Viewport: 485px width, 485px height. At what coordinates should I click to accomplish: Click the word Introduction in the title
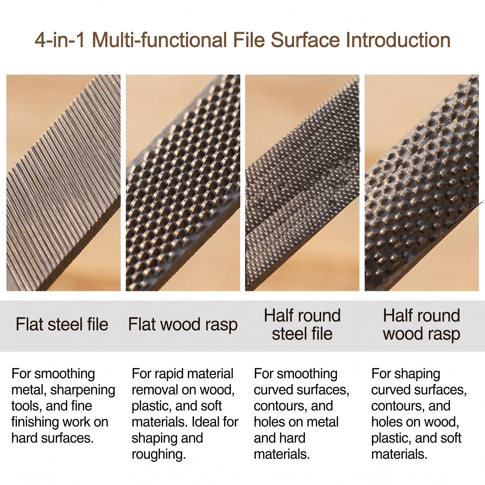click(x=398, y=40)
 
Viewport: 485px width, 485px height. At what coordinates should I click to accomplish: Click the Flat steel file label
click(x=62, y=324)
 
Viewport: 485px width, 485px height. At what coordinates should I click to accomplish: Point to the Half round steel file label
click(x=302, y=324)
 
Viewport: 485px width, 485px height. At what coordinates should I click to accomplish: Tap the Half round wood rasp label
click(x=422, y=325)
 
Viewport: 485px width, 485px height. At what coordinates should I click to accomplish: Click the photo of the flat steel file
click(x=63, y=183)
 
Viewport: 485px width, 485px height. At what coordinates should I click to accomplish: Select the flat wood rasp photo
click(x=183, y=183)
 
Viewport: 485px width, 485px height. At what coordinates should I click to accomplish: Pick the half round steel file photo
click(x=302, y=183)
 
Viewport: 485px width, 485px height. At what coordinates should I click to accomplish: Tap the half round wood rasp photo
click(x=422, y=183)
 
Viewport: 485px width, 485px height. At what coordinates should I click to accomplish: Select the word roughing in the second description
click(x=159, y=455)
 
